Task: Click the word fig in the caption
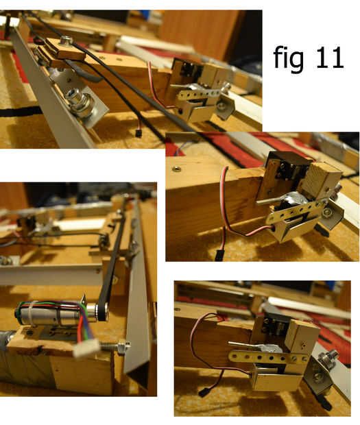point(288,58)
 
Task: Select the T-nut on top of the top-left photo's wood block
point(65,40)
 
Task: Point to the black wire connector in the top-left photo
point(139,133)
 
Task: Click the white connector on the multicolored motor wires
point(87,347)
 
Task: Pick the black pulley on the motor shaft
point(103,312)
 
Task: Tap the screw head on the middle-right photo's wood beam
point(177,169)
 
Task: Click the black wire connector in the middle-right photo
point(219,255)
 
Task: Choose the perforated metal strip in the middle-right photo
point(296,212)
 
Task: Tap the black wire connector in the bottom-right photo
point(203,393)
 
